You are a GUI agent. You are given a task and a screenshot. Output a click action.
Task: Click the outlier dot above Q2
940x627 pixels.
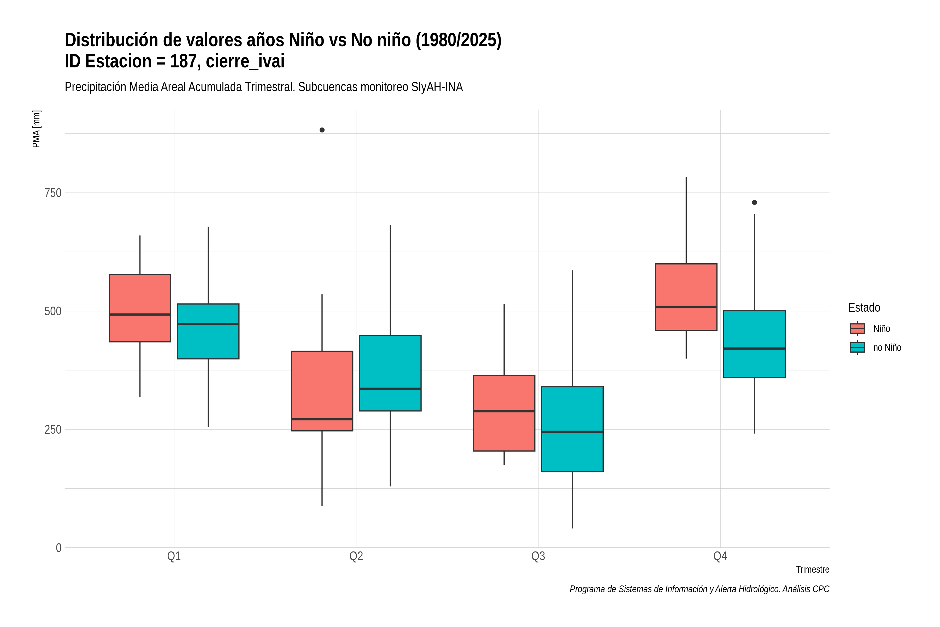(x=322, y=130)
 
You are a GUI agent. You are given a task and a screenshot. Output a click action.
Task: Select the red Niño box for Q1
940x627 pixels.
(x=140, y=308)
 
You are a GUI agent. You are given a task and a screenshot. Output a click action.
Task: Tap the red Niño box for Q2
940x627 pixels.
(x=322, y=391)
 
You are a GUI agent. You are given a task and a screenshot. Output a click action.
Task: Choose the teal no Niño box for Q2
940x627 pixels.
(x=390, y=373)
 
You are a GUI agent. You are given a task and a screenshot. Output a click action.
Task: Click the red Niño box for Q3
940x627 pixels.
(x=504, y=413)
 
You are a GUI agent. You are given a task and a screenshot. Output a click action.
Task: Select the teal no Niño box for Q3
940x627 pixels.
(x=572, y=429)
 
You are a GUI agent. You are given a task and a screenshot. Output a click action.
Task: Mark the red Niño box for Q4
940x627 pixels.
(x=686, y=297)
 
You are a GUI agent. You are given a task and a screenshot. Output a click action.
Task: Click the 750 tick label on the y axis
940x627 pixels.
(x=53, y=193)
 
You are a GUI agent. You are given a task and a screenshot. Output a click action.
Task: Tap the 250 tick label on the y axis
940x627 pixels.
(x=53, y=429)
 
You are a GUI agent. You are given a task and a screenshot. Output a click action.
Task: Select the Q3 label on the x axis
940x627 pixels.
(x=538, y=556)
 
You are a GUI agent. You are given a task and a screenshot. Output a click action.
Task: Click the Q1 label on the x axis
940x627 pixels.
(x=174, y=556)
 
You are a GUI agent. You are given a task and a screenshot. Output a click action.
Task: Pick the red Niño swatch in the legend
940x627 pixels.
(x=858, y=329)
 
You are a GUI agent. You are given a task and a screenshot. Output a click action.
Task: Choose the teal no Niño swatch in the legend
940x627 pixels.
(x=858, y=347)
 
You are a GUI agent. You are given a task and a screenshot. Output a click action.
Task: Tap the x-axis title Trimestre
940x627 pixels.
(x=813, y=570)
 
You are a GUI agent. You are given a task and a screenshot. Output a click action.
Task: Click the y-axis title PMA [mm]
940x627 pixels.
(x=36, y=129)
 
